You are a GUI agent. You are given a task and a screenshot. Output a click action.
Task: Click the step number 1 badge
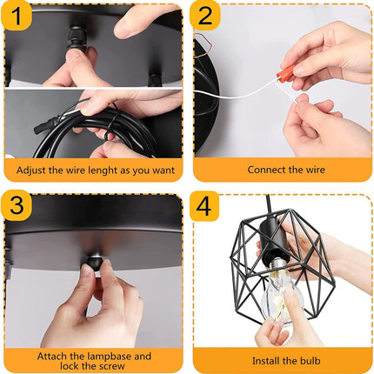pos(17,17)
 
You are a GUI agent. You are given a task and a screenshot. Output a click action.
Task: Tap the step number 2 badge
pos(204,17)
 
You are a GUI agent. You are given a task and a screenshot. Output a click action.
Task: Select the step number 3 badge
pos(17,204)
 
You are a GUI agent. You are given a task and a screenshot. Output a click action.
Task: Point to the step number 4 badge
pos(204,206)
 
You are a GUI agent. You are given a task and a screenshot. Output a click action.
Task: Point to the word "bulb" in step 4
pos(310,361)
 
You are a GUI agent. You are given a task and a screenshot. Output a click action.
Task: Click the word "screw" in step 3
pos(110,366)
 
